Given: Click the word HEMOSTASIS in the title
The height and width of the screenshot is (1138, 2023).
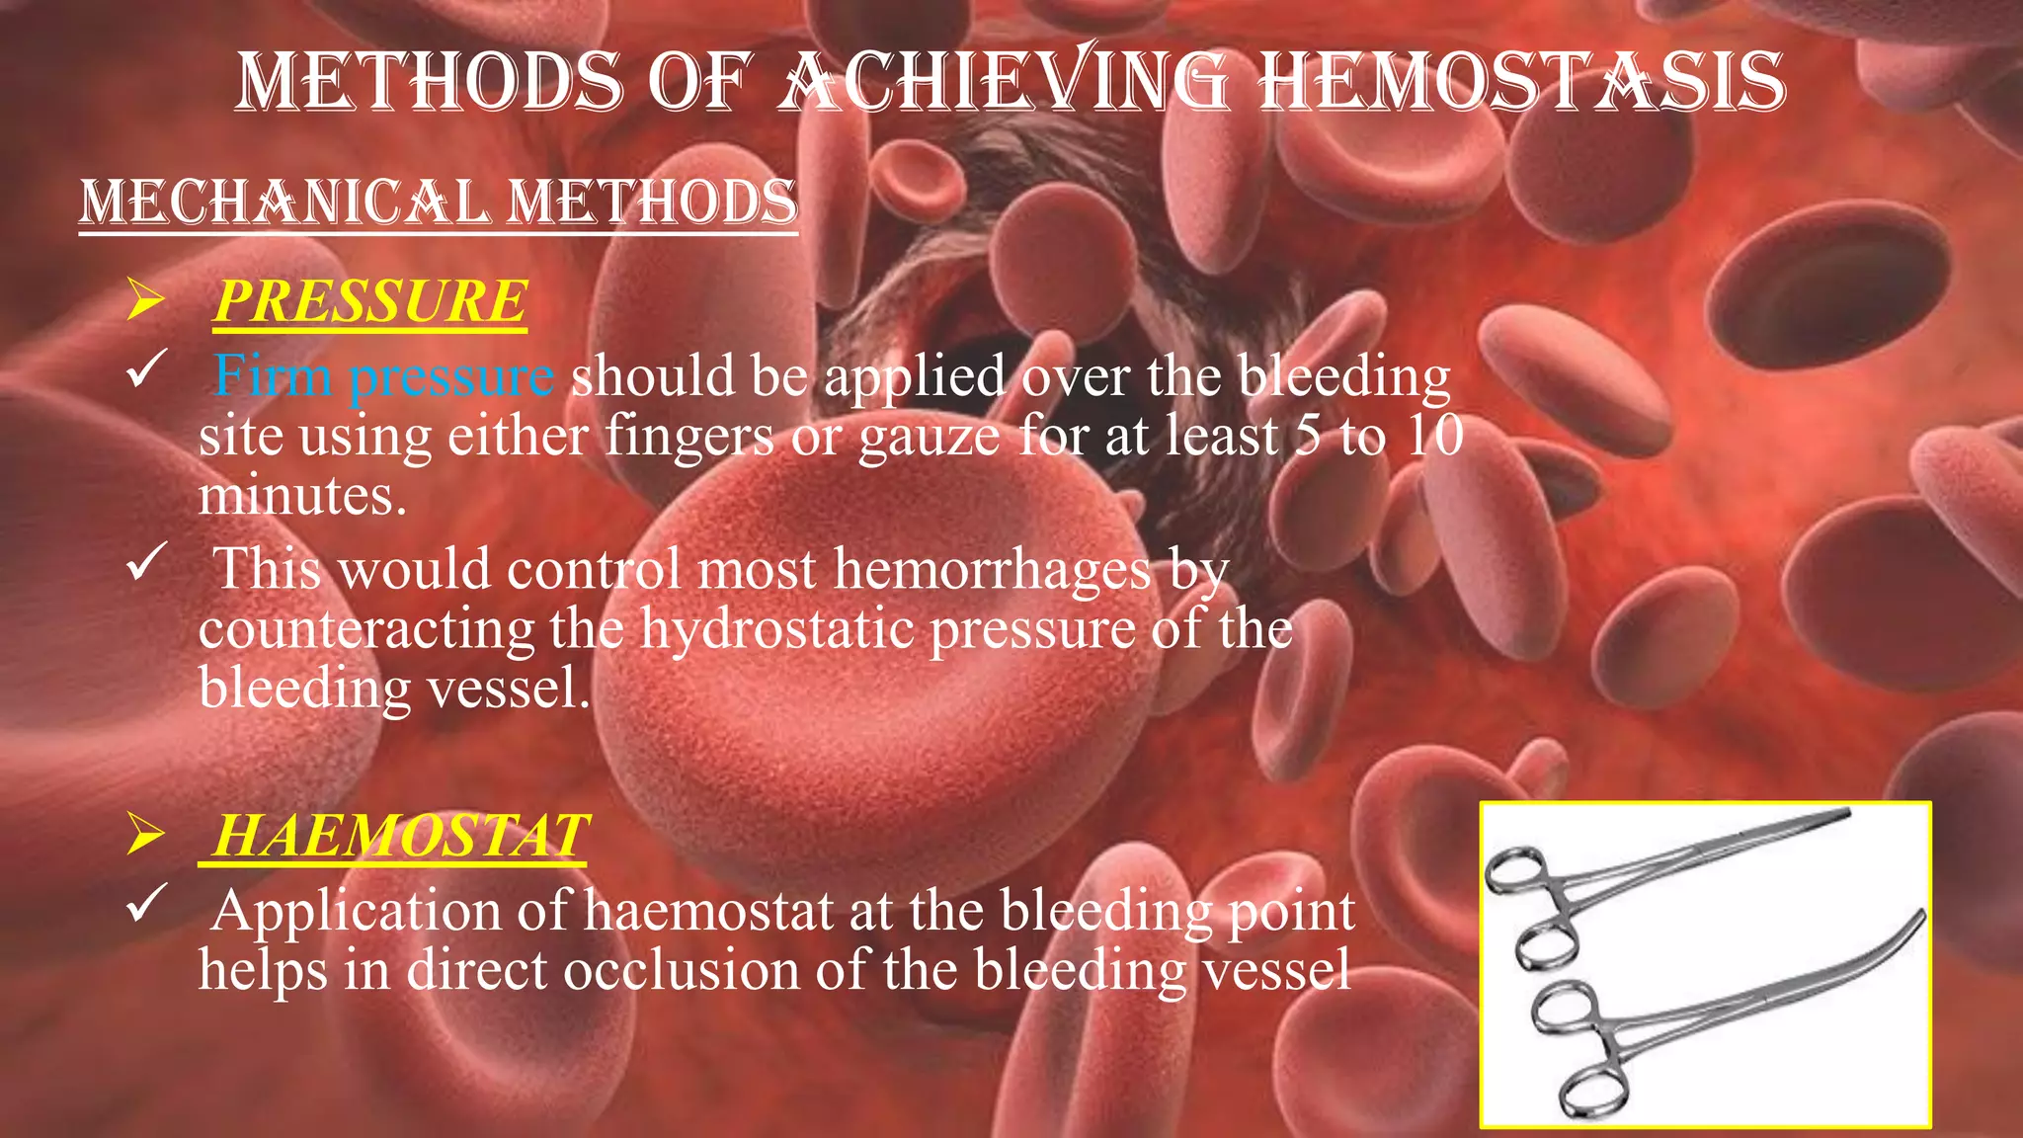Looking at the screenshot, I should click(1522, 81).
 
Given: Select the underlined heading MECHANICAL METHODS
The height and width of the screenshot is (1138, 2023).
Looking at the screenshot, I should click(438, 202).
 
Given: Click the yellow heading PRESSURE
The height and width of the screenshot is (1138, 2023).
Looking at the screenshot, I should click(370, 301).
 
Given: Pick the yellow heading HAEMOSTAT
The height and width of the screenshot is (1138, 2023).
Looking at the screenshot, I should click(399, 836).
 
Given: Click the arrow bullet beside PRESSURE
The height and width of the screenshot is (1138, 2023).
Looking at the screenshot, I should click(145, 300).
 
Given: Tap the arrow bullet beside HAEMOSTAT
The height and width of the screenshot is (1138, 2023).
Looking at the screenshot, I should click(145, 836).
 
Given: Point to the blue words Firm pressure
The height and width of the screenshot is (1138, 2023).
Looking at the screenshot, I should click(383, 376).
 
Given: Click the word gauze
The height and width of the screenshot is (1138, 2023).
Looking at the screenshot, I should click(929, 437).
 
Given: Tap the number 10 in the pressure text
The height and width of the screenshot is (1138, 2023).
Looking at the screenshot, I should click(1435, 436).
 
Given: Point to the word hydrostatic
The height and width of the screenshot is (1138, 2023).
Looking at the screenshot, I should click(776, 628).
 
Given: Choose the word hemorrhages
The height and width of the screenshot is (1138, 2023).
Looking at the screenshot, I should click(992, 569).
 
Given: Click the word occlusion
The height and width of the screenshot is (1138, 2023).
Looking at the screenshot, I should click(681, 970).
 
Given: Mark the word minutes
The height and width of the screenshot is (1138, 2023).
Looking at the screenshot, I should click(301, 495).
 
